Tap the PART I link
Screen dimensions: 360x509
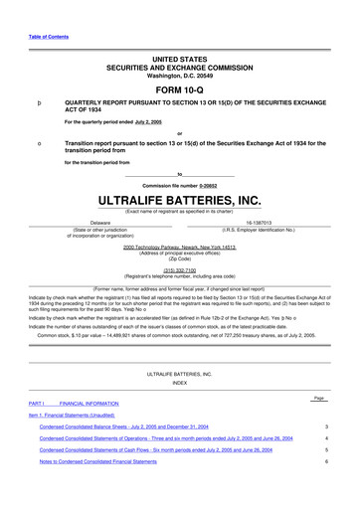tap(35, 402)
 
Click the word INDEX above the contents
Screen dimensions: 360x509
tap(179, 383)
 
